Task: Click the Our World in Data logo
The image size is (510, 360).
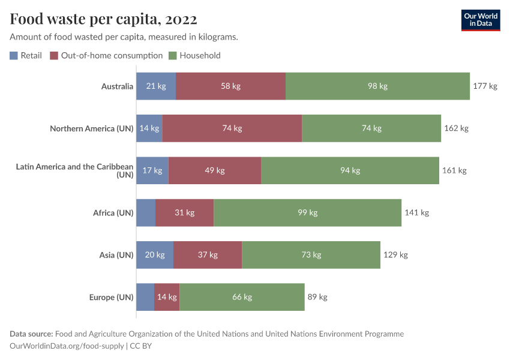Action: (x=480, y=20)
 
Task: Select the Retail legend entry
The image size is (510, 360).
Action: (x=26, y=56)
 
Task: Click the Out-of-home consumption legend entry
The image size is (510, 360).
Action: (x=106, y=56)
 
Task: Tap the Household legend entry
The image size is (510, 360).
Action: (x=194, y=56)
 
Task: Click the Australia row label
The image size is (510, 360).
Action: (x=117, y=86)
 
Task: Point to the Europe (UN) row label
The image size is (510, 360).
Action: (x=111, y=297)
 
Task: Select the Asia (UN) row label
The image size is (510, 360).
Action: (x=116, y=255)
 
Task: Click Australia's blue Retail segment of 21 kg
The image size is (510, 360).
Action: (x=156, y=86)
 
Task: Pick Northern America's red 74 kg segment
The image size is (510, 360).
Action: (x=232, y=128)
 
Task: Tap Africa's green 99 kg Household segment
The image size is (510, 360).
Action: (x=307, y=212)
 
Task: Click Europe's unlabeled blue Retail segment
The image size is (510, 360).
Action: (x=145, y=297)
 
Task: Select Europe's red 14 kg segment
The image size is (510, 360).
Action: (x=167, y=297)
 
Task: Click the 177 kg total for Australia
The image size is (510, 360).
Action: (x=485, y=86)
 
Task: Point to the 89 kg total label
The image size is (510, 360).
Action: (x=317, y=297)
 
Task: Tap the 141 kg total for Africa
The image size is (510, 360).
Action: (x=416, y=212)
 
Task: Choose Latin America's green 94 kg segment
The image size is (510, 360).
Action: (x=350, y=170)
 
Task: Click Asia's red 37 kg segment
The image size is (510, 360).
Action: (x=208, y=255)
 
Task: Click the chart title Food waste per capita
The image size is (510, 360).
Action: (x=103, y=20)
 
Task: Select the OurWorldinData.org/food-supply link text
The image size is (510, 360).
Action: (x=67, y=346)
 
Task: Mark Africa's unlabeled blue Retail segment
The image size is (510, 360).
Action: (x=146, y=212)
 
